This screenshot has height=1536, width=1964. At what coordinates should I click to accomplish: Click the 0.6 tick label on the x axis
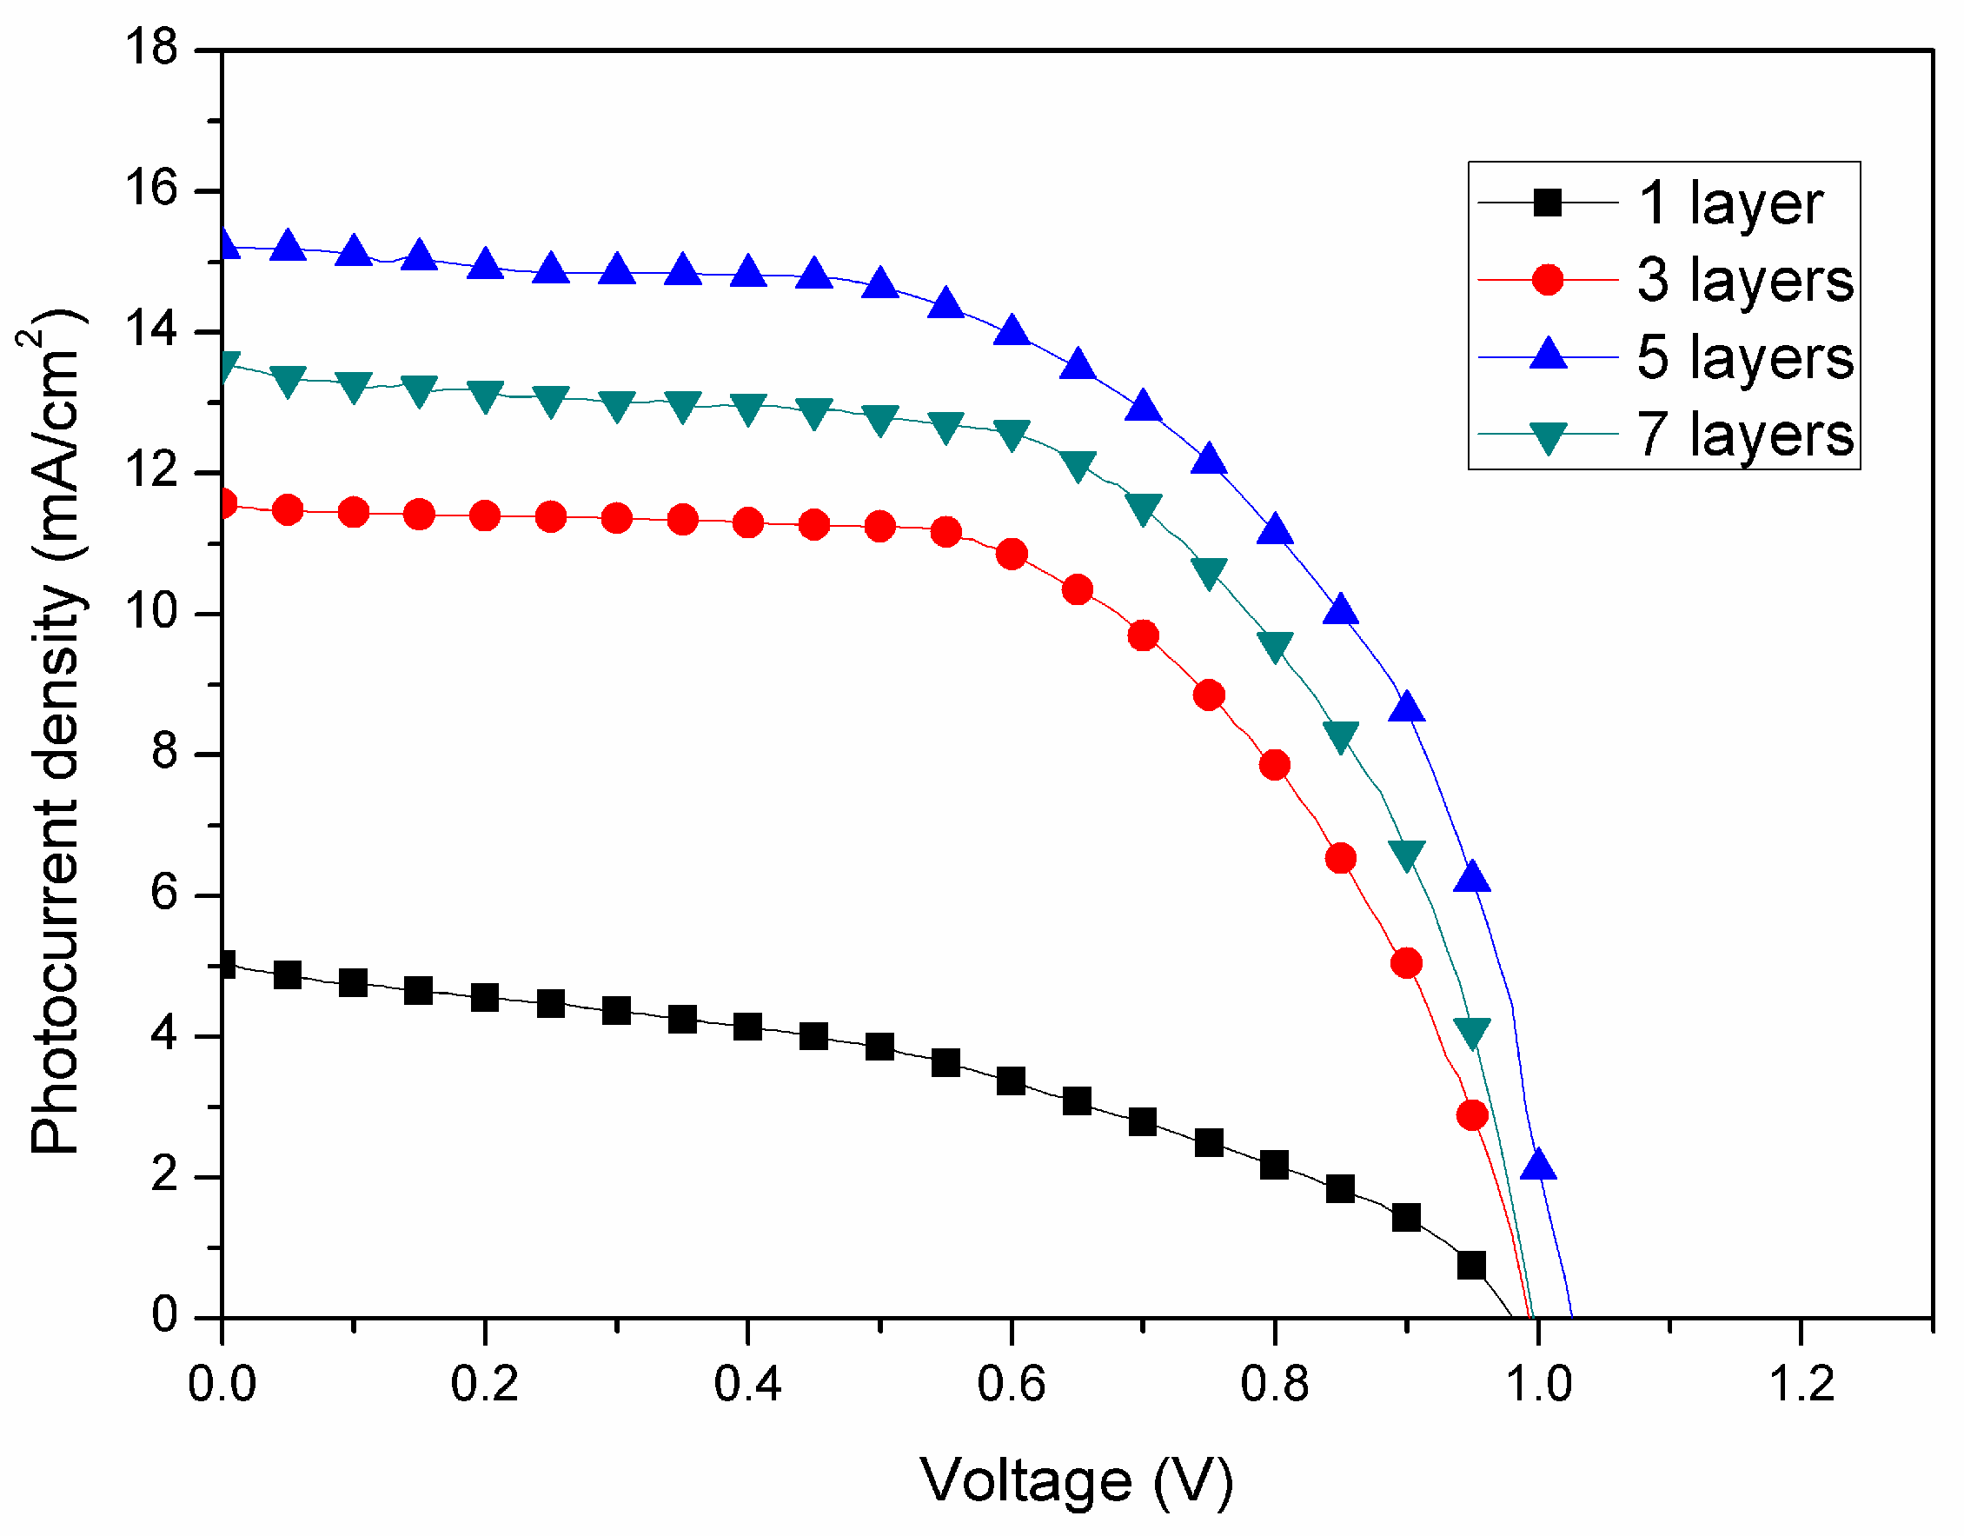click(x=1011, y=1385)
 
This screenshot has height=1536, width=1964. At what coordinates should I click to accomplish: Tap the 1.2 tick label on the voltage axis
click(x=1801, y=1385)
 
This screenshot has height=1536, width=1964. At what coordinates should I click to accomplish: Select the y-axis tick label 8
click(x=164, y=754)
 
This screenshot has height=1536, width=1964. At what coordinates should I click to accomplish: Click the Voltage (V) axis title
click(x=1076, y=1480)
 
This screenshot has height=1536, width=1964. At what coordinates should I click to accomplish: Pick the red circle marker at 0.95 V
click(x=1472, y=1116)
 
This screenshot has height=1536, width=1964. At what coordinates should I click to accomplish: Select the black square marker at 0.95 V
click(x=1471, y=1266)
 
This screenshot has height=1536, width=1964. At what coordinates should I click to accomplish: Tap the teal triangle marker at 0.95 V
click(x=1472, y=1034)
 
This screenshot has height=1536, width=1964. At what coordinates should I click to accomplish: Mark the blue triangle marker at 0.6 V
click(x=1012, y=332)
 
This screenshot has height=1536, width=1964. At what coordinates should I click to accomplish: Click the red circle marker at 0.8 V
click(x=1274, y=765)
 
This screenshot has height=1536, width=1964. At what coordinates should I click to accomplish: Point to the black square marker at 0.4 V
click(x=747, y=1027)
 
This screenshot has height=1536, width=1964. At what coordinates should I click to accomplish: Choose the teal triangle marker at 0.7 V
click(x=1143, y=509)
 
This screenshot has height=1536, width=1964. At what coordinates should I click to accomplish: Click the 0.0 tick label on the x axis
click(x=222, y=1385)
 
